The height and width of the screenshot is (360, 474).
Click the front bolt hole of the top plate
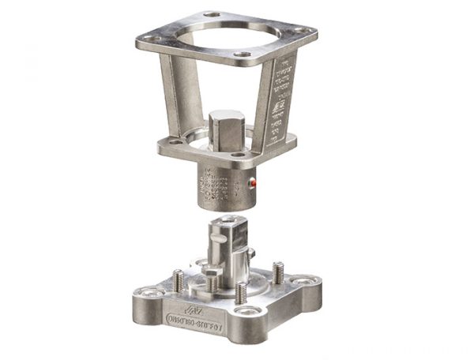coord(244,54)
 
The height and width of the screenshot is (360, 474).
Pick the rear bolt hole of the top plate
coord(212,15)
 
